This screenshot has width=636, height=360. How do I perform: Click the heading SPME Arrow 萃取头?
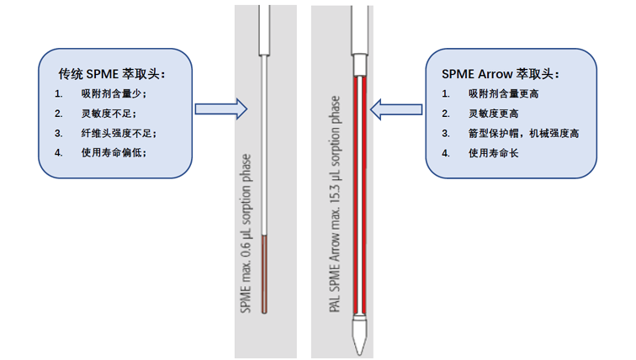pos(500,74)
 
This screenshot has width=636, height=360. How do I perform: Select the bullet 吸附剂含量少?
pos(114,94)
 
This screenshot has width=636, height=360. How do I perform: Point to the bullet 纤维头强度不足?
pos(119,133)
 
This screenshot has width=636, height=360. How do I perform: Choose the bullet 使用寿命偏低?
pos(114,152)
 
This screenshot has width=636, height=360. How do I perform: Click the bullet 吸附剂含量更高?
pos(504,94)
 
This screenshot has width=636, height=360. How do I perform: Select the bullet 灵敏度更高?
pos(494,114)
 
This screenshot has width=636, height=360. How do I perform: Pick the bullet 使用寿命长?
pos(494,152)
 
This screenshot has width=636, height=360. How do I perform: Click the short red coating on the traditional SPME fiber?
pos(265,273)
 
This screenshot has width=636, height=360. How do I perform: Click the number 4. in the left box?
pos(58,152)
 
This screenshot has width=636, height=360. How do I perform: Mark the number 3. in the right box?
pos(447,133)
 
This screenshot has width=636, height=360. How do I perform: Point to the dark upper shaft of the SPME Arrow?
pos(360,29)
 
